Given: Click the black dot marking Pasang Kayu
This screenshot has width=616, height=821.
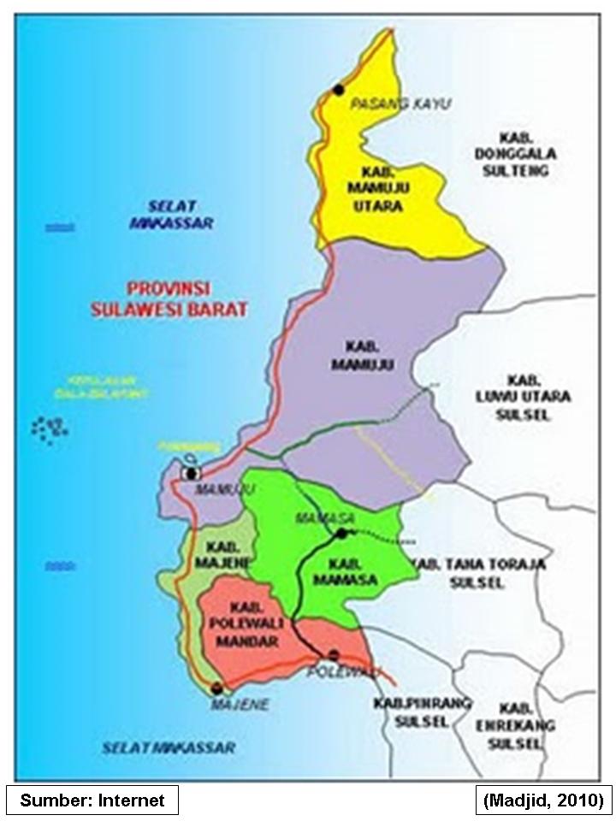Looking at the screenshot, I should tap(339, 89).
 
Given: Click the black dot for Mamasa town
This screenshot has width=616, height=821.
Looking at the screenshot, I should tap(341, 534).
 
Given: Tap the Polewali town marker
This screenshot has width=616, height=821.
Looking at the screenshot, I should tap(334, 654).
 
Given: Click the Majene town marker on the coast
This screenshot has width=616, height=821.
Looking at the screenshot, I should tap(217, 687).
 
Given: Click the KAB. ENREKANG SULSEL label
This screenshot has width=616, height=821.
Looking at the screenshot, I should tap(515, 725).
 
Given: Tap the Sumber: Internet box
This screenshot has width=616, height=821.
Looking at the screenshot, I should tap(92, 800).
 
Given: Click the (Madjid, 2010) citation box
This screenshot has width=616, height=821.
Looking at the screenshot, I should tap(543, 800).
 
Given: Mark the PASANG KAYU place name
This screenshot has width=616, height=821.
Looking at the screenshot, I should tap(400, 103).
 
